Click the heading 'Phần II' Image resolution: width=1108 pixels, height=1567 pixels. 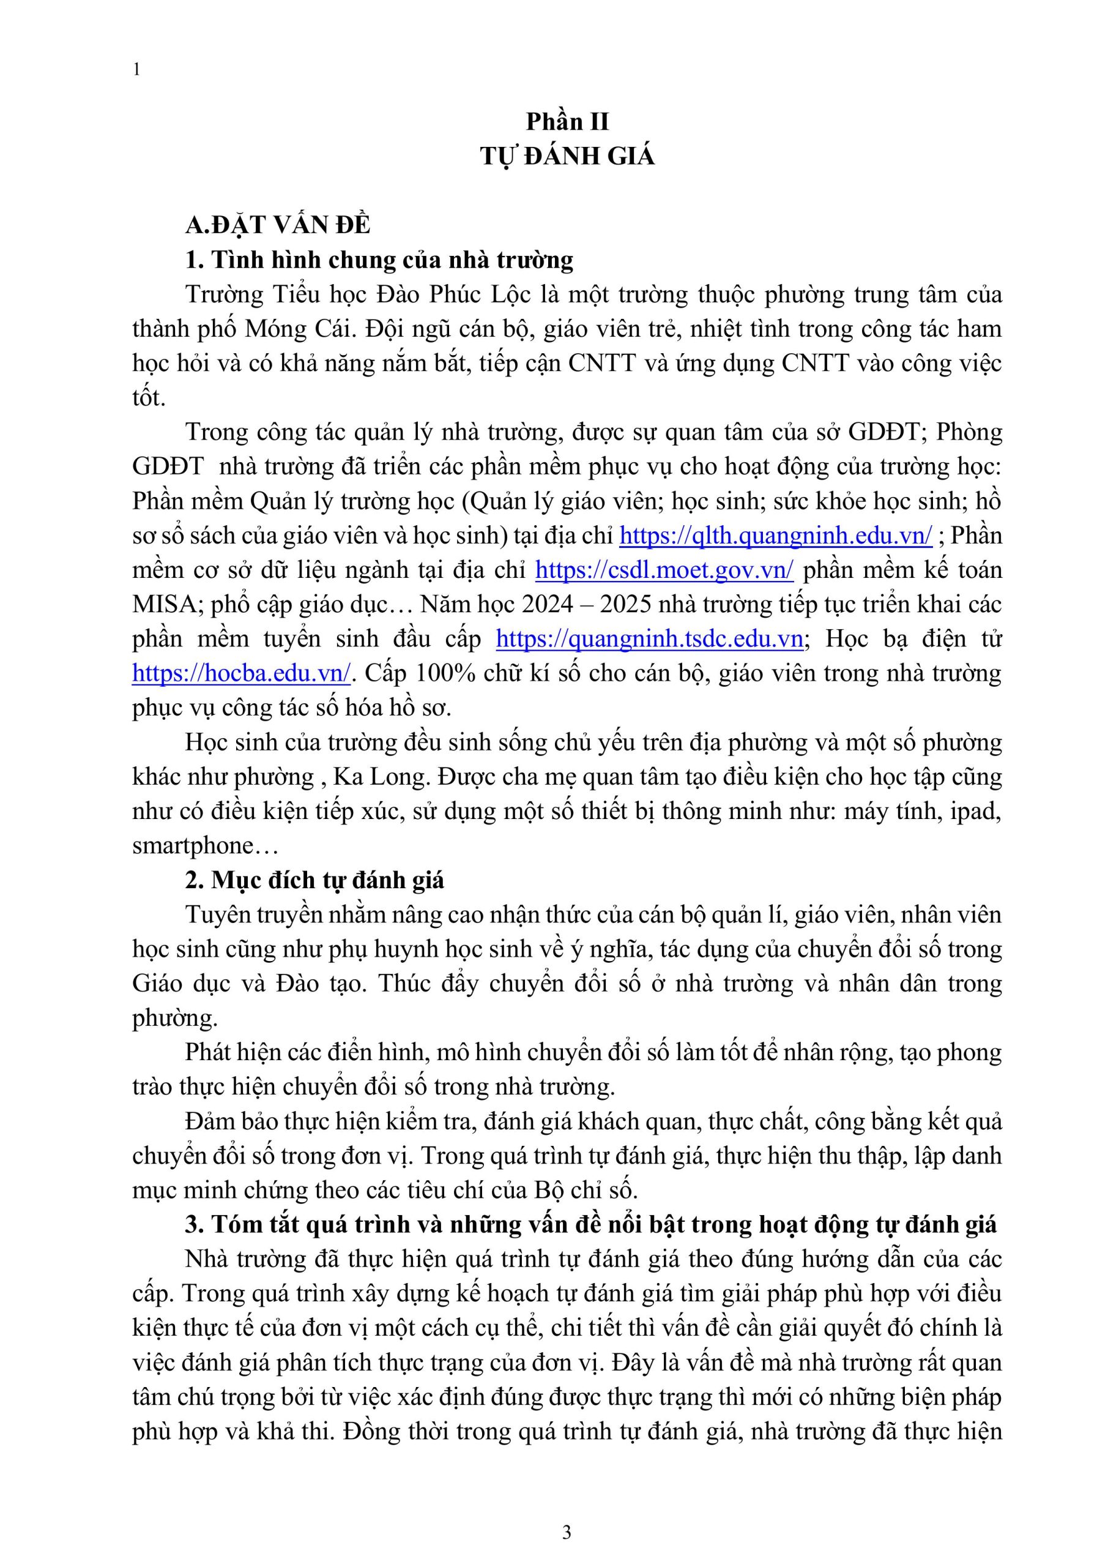(x=567, y=121)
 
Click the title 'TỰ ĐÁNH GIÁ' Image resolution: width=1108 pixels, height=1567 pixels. (x=567, y=156)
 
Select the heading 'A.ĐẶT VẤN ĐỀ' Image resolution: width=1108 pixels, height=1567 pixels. (x=278, y=225)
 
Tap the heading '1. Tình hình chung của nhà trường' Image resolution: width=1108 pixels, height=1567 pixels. (x=379, y=260)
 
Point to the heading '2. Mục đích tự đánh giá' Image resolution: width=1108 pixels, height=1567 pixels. (x=314, y=880)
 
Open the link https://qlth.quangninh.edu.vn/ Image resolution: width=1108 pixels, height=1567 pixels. (x=775, y=535)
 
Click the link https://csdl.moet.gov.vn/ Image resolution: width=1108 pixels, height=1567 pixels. (x=664, y=570)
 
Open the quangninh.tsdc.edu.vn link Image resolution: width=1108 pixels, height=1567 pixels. (x=649, y=639)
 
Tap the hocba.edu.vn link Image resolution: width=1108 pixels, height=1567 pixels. (x=242, y=673)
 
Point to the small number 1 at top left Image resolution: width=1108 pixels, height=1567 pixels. (x=137, y=70)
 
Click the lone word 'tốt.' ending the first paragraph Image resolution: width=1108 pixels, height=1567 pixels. (x=149, y=398)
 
